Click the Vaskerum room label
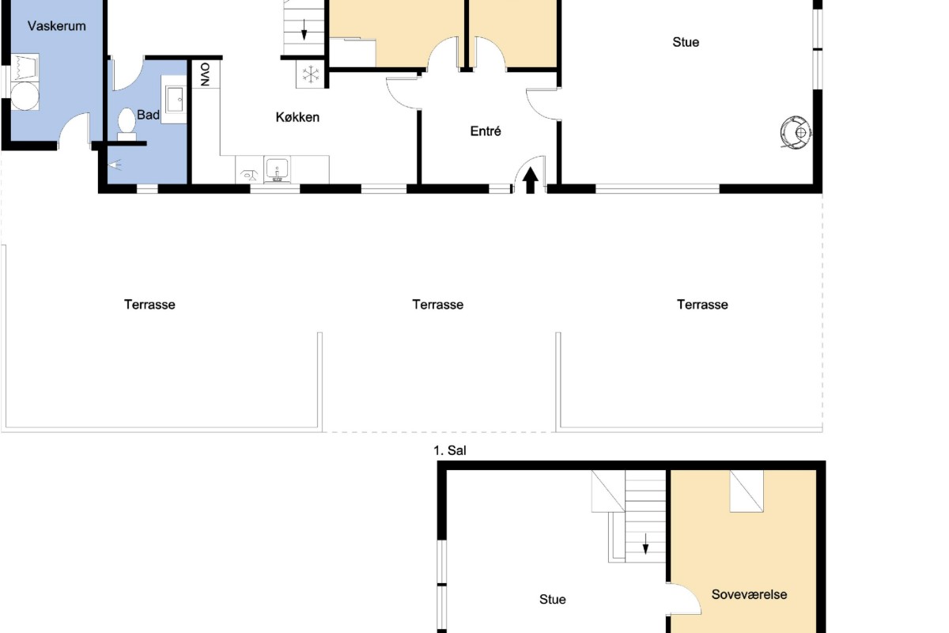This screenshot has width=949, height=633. pyautogui.click(x=57, y=26)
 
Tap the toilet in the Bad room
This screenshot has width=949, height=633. pyautogui.click(x=127, y=124)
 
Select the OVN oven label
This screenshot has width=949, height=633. pyautogui.click(x=206, y=74)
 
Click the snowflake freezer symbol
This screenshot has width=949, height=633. pyautogui.click(x=311, y=74)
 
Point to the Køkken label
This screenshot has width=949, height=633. pyautogui.click(x=297, y=117)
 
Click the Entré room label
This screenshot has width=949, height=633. pyautogui.click(x=486, y=131)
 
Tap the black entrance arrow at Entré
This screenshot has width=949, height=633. pyautogui.click(x=530, y=180)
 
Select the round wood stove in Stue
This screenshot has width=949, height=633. pyautogui.click(x=796, y=132)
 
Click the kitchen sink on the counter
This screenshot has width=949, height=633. pyautogui.click(x=277, y=169)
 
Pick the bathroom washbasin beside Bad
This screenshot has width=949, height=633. pyautogui.click(x=174, y=100)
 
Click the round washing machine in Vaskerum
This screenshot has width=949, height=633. pyautogui.click(x=25, y=96)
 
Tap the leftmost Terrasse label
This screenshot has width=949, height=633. pyautogui.click(x=149, y=305)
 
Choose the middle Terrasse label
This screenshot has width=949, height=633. pyautogui.click(x=438, y=305)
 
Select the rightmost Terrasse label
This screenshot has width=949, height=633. pyautogui.click(x=702, y=305)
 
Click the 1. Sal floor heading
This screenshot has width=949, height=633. pyautogui.click(x=449, y=450)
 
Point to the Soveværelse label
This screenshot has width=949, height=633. pyautogui.click(x=749, y=594)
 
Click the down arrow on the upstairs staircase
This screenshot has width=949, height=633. pyautogui.click(x=645, y=544)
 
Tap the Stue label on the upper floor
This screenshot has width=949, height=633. pyautogui.click(x=553, y=599)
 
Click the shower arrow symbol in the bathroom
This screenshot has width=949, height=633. pyautogui.click(x=115, y=165)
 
